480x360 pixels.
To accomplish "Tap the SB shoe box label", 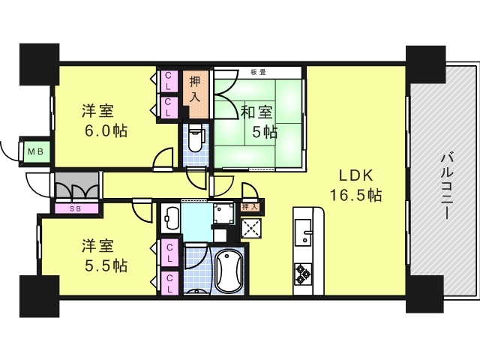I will (75, 208).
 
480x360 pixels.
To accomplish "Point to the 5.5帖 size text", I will (104, 266).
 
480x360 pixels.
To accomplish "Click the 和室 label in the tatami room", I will (256, 113).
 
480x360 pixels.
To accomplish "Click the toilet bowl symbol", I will (196, 140).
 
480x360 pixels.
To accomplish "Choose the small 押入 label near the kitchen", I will (250, 206).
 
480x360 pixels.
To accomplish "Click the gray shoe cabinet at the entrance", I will (76, 186).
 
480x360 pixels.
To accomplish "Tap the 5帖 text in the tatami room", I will (264, 133).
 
